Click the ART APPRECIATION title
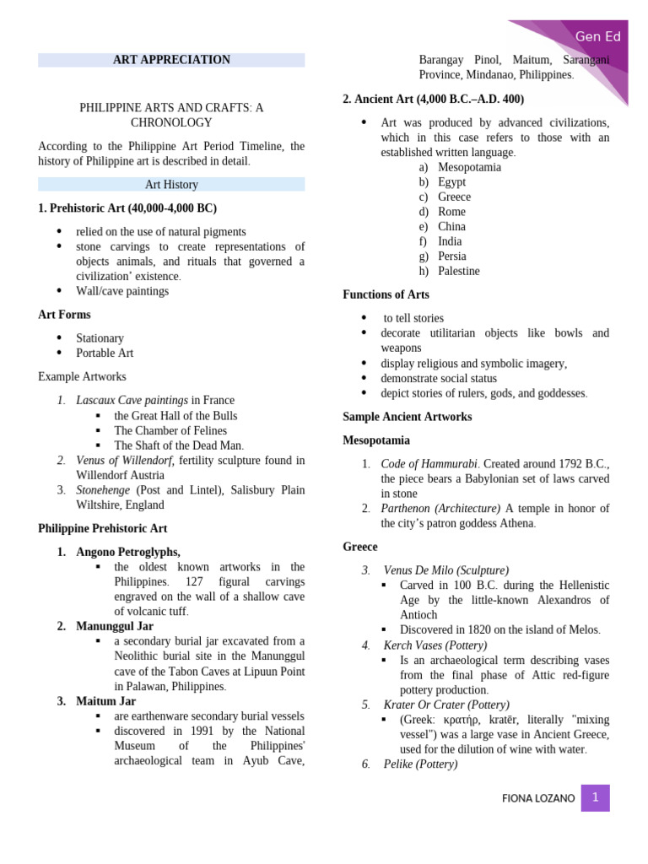pyautogui.click(x=171, y=60)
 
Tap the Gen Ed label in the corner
pyautogui.click(x=597, y=36)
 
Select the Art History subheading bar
pyautogui.click(x=171, y=184)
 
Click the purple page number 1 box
pyautogui.click(x=595, y=797)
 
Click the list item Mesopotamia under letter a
pyautogui.click(x=469, y=167)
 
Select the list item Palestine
pyautogui.click(x=458, y=271)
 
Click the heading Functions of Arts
pyautogui.click(x=386, y=294)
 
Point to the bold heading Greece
pyautogui.click(x=360, y=547)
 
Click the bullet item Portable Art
pyautogui.click(x=105, y=353)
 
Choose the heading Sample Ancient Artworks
pyautogui.click(x=408, y=417)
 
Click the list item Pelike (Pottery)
pyautogui.click(x=420, y=764)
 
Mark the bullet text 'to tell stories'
pyautogui.click(x=413, y=318)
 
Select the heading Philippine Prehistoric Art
pyautogui.click(x=103, y=528)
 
